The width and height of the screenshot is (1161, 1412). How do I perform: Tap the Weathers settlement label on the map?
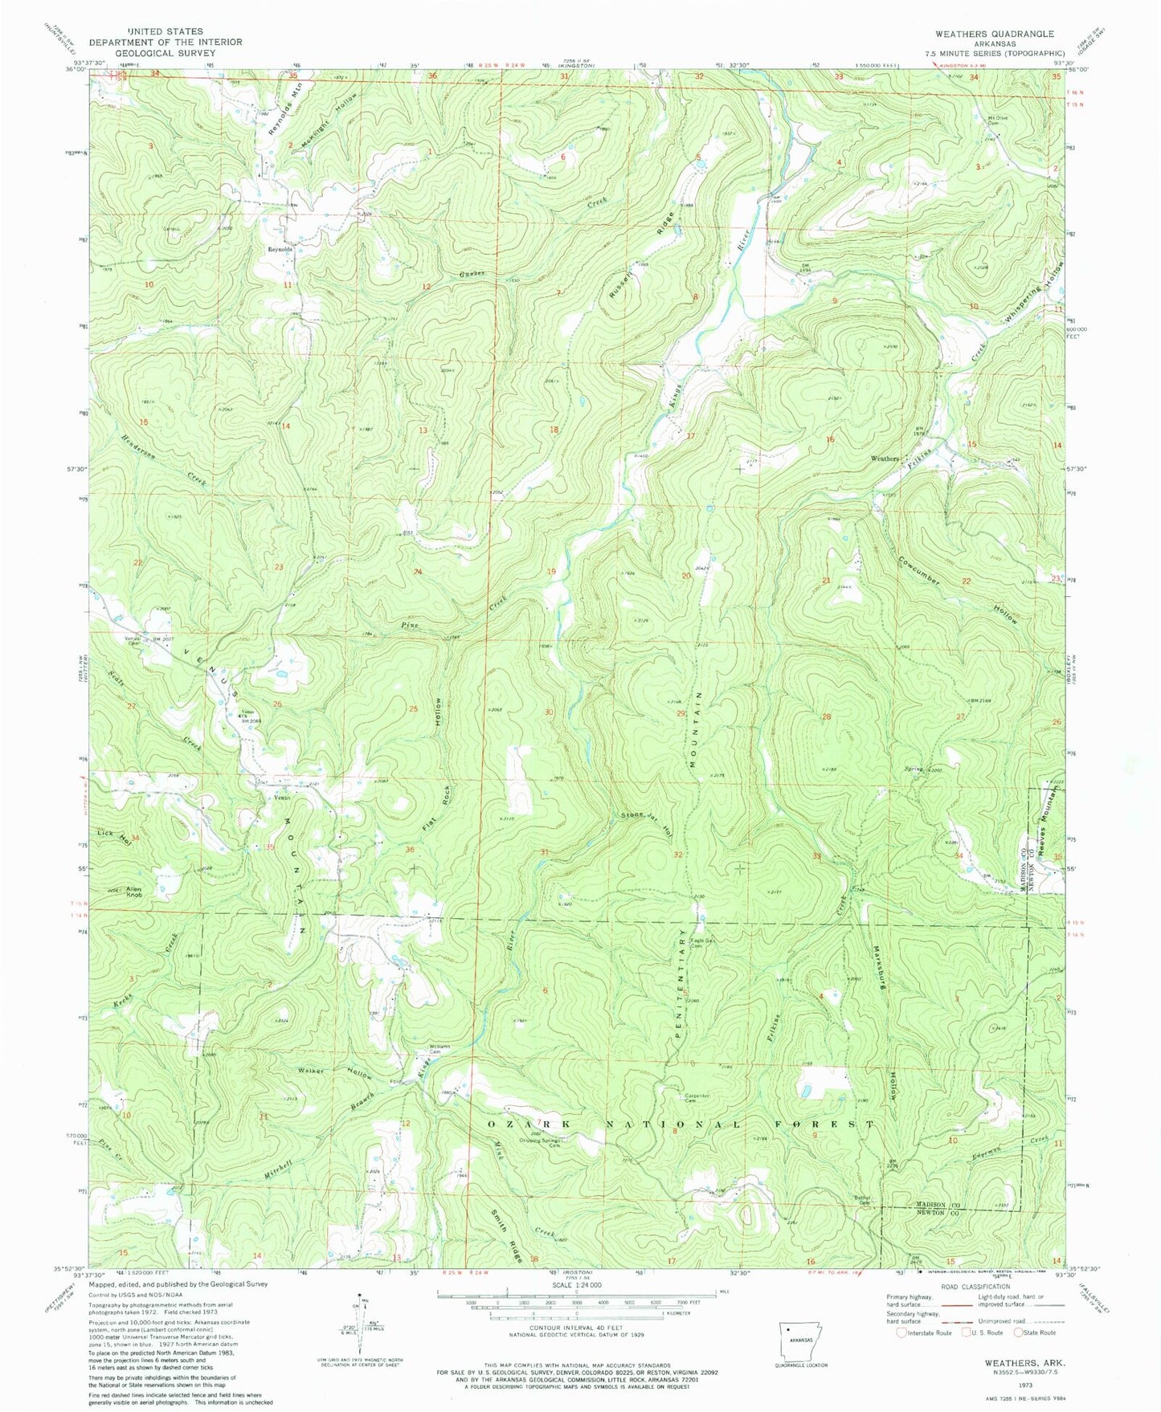click(885, 458)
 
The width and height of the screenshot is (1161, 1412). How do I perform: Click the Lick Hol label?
click(114, 835)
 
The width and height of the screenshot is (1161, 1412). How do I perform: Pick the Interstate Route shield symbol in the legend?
click(904, 1332)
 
